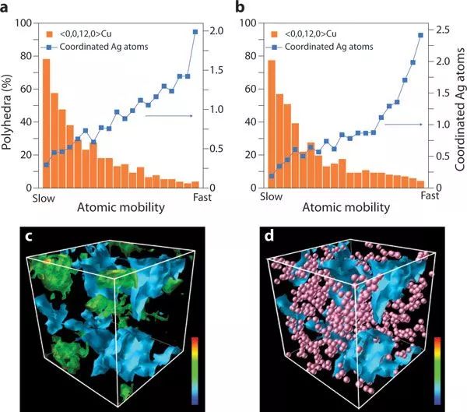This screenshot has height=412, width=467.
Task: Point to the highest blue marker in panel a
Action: coord(195,31)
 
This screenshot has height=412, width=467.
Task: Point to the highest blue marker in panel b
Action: coord(421,35)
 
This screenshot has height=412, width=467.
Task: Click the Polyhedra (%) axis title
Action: coord(7,106)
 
